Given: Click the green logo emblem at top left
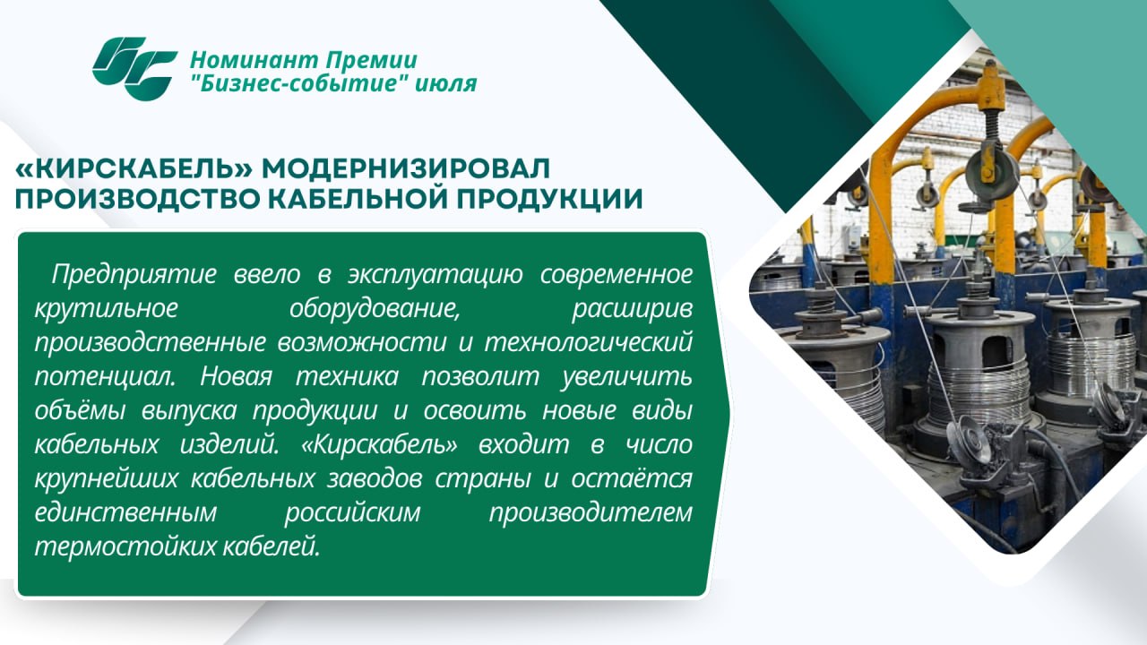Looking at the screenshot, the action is [x=134, y=69].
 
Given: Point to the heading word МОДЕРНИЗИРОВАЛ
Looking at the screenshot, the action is [x=406, y=168].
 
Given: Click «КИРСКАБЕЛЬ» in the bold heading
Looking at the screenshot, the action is [x=134, y=168].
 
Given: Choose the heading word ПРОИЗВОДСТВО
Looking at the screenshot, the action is [x=137, y=199].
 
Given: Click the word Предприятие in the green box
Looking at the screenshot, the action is [x=134, y=275].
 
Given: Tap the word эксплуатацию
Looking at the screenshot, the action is [x=436, y=275].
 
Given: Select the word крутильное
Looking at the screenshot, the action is [x=107, y=309].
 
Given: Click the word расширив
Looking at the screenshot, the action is [x=632, y=309].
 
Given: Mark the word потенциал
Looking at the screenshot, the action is [x=106, y=377].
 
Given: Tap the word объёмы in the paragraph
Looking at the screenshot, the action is [x=80, y=410].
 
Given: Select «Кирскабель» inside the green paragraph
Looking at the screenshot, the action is [x=379, y=445].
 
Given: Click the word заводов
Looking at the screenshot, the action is [x=375, y=479].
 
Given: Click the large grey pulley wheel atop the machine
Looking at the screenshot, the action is [x=992, y=171].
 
